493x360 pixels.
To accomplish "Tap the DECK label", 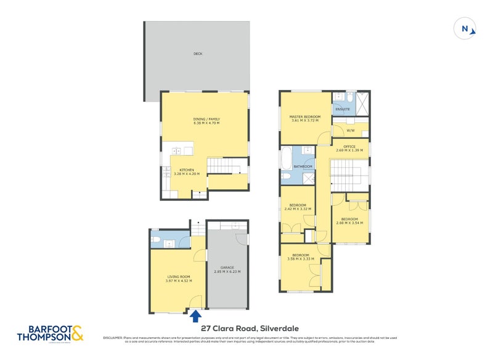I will pos(198,54).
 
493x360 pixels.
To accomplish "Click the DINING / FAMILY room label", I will pos(206,119).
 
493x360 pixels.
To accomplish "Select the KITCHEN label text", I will pos(187,170).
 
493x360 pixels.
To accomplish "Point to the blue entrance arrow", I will pos(195,316).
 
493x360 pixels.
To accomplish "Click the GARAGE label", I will pos(227,268).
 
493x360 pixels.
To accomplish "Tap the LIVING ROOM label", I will pos(179,277).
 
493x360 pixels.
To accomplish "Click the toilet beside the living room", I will pos(156,239).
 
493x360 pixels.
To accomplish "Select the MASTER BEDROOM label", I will pos(305,117).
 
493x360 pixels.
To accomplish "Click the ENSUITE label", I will pos(343,109).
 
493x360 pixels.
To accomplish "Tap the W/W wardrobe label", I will pos(350,131).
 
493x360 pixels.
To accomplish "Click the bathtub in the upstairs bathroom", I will pos(287,158).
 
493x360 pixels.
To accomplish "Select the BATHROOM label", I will pos(303,166).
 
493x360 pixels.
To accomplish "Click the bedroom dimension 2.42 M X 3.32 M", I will pos(297,209).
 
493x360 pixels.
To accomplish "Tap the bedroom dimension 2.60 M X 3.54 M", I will pos(349,223).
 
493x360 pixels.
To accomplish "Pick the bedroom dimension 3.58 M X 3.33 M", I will pos(301,259).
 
